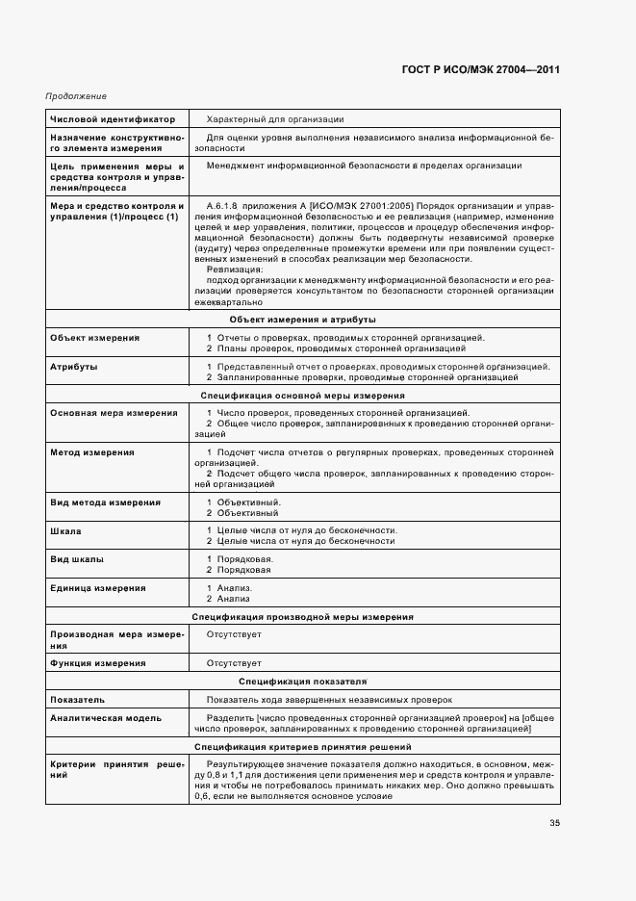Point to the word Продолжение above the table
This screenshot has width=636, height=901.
point(76,97)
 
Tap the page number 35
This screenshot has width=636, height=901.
point(554,822)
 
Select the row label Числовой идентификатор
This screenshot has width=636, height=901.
point(113,119)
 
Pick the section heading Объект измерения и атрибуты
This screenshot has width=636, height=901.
point(303,319)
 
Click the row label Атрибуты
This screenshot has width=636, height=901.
point(74,366)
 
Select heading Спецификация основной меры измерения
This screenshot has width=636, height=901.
point(303,395)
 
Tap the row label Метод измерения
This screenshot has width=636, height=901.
point(92,451)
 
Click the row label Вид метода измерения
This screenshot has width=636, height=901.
point(106,502)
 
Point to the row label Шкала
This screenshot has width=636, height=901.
point(65,530)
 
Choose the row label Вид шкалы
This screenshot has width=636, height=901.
point(78,559)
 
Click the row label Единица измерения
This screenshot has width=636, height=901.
point(98,587)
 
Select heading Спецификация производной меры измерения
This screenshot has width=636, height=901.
point(303,615)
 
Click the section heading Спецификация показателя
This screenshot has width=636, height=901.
point(303,681)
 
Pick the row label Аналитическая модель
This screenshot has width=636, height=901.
point(106,718)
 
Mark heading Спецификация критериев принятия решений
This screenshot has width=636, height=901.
point(303,746)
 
